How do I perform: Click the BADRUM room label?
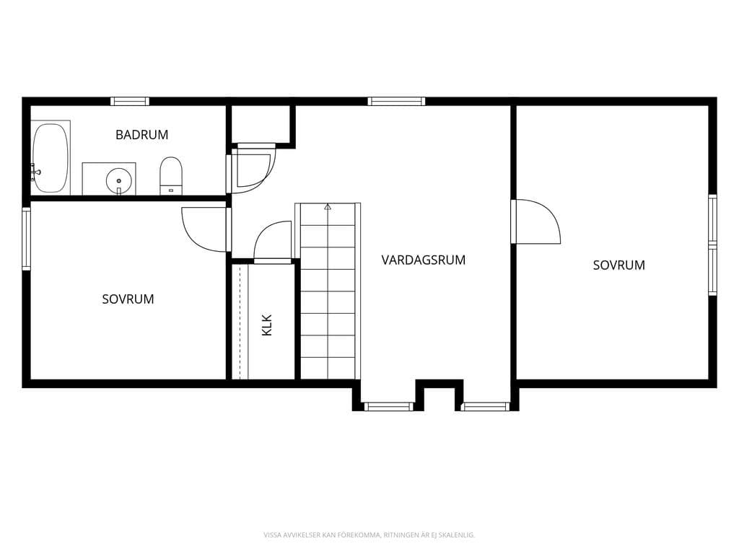point(142,135)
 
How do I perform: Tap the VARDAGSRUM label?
point(423,260)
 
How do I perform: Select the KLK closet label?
point(267,325)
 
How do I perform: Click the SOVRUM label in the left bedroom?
point(128,299)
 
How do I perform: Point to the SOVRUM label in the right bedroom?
point(618,265)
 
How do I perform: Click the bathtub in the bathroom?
point(51,158)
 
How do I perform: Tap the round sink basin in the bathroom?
point(118,180)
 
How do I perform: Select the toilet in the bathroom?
point(170,176)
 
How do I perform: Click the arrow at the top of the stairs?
point(328,206)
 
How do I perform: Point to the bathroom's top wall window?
point(130,101)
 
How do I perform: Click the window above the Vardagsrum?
point(396,101)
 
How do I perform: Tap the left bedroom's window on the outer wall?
point(27,239)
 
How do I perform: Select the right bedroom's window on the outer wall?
point(712,245)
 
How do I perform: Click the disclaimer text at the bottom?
point(369,535)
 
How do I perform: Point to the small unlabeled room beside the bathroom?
point(261,123)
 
